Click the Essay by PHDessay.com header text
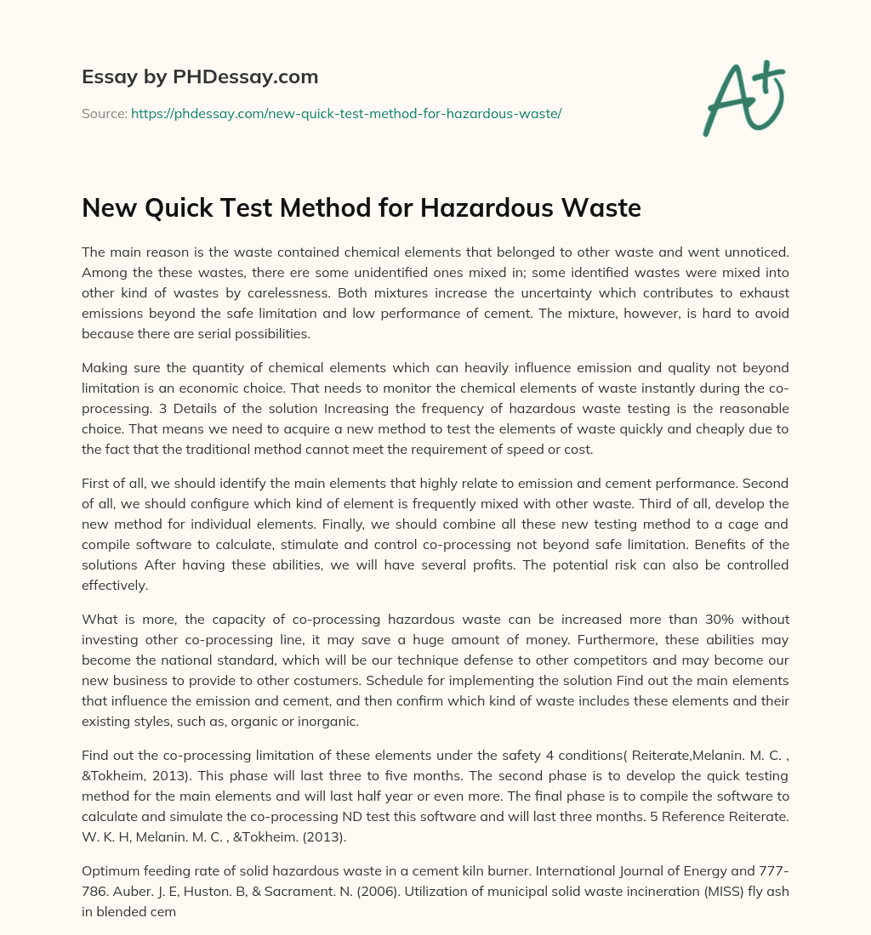coord(200,77)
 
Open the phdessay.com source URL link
coord(346,113)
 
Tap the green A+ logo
coord(743,98)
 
